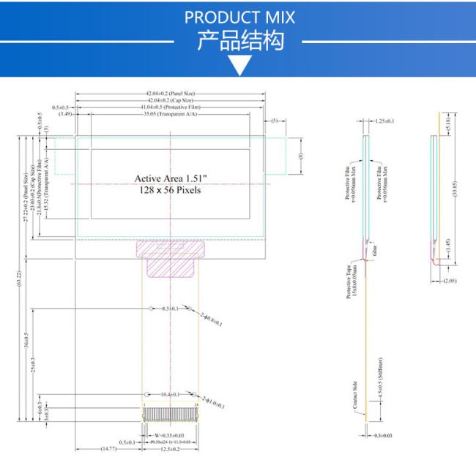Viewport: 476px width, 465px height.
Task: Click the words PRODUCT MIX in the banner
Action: tap(239, 17)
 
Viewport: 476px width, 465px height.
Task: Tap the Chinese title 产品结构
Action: tap(239, 41)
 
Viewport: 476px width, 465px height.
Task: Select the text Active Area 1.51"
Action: tap(171, 178)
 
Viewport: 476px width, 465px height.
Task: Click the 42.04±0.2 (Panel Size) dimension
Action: tap(171, 94)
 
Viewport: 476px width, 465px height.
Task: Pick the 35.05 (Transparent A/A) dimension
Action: tap(171, 113)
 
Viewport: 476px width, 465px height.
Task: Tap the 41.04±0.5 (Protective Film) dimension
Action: tap(171, 107)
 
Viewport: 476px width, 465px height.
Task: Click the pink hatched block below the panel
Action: tap(170, 260)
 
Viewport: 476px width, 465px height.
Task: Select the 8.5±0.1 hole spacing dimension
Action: tap(171, 309)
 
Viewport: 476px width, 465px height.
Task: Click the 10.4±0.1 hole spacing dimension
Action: tap(171, 394)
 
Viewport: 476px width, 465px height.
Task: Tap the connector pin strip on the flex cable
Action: tap(170, 415)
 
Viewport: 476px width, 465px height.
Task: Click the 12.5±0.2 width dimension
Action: tap(170, 449)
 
